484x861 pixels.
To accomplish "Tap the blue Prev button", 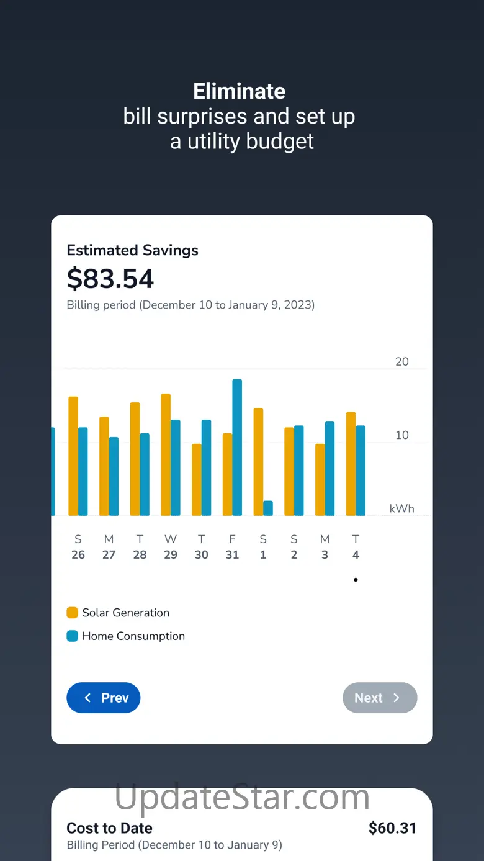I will [x=104, y=698].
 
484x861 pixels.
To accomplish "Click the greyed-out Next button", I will [x=380, y=698].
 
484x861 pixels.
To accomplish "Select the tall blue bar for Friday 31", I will [x=237, y=447].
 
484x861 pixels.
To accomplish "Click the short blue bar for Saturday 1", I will [x=268, y=508].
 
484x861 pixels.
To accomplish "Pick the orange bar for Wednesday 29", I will [x=166, y=454].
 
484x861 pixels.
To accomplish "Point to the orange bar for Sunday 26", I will [x=73, y=456].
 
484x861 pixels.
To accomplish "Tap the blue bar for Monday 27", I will [x=114, y=476].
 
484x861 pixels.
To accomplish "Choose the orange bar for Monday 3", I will [x=320, y=479].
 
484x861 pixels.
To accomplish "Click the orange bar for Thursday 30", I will [x=197, y=479].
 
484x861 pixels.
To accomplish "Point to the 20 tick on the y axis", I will [x=402, y=362].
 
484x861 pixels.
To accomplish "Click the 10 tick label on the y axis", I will [x=402, y=435].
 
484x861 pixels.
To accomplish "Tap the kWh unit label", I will [x=401, y=508].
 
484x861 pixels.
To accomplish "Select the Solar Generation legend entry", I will [x=118, y=613].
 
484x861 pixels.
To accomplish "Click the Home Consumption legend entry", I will [x=126, y=636].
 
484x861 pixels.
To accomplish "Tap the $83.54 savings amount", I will [x=110, y=279].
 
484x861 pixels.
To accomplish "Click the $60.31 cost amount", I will [x=392, y=828].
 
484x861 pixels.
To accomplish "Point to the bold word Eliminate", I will [x=240, y=91].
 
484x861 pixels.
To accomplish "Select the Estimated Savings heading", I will [x=133, y=250].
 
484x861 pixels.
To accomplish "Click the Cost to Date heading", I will [x=110, y=828].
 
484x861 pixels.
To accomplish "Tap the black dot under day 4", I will [x=356, y=580].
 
